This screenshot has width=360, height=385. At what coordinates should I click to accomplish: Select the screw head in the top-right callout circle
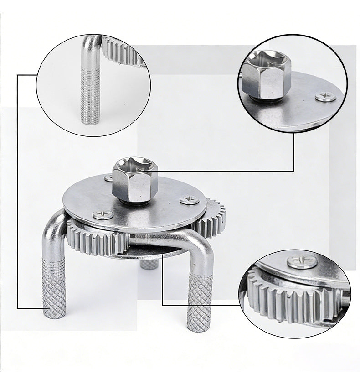tap(326, 96)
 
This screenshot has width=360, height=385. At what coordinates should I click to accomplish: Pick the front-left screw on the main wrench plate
tap(102, 214)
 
